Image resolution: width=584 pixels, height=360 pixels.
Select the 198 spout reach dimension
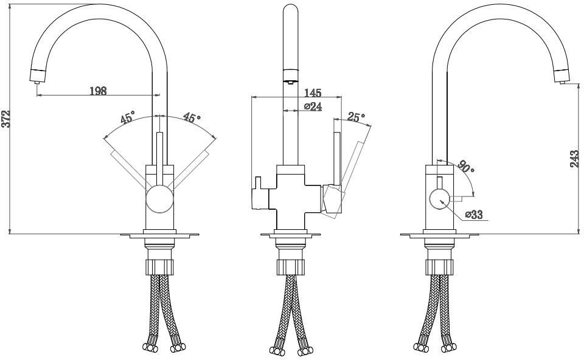[x=99, y=91]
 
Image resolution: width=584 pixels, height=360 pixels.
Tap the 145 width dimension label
[x=313, y=92]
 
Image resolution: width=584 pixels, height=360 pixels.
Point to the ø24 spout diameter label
[x=313, y=106]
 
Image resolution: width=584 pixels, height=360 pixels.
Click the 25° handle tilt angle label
[x=356, y=117]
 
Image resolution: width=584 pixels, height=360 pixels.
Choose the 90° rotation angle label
[x=467, y=166]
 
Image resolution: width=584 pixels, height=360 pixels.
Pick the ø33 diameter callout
[x=474, y=215]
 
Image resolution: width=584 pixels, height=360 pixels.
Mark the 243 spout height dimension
[x=575, y=159]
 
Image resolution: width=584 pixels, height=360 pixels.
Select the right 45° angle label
[x=192, y=117]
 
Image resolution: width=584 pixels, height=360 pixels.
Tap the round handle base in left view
[x=159, y=199]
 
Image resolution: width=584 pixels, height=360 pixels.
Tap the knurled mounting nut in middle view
[x=291, y=267]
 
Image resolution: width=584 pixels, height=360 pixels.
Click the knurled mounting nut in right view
[x=440, y=267]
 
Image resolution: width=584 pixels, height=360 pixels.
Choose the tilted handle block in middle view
[x=333, y=200]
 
